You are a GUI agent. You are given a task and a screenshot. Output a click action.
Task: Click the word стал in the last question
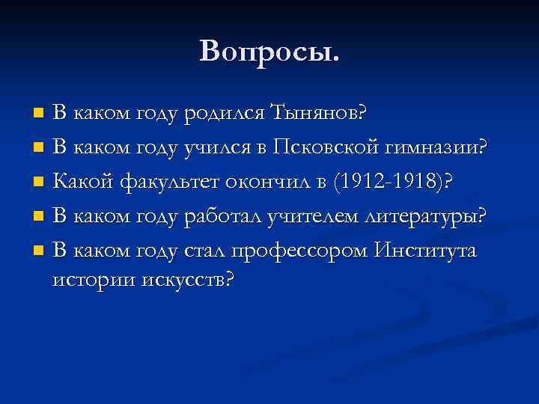pyautogui.click(x=203, y=249)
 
